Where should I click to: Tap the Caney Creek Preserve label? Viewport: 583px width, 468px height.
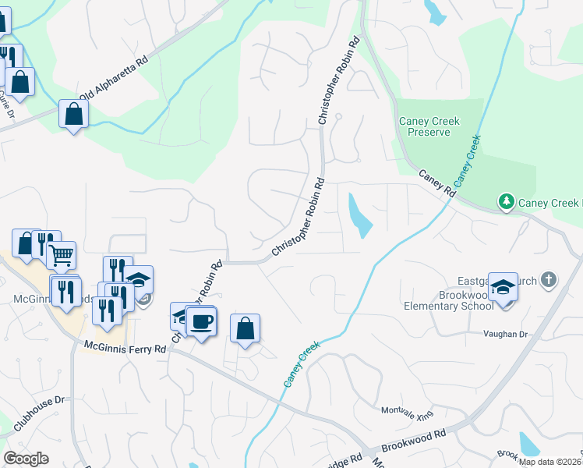429,126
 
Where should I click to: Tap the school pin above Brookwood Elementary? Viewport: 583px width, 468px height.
503,288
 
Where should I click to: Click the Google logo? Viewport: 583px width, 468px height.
26,459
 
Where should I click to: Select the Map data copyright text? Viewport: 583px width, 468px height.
549,462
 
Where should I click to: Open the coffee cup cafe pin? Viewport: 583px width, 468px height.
201,322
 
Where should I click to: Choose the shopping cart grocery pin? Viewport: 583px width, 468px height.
61,254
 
